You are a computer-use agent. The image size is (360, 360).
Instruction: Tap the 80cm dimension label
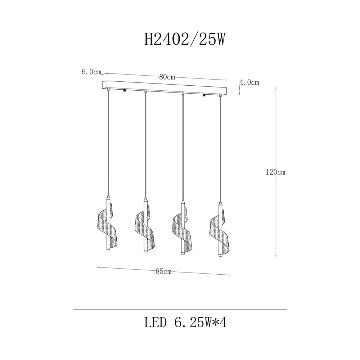coord(167,77)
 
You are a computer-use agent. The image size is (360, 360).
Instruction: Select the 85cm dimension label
coord(163,271)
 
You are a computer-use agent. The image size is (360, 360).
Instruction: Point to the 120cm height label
coord(275,172)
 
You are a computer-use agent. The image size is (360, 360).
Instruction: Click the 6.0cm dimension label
coord(91,72)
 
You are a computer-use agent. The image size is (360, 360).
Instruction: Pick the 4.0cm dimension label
coord(249,82)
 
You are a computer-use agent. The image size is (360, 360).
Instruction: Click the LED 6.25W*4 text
coord(185,323)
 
